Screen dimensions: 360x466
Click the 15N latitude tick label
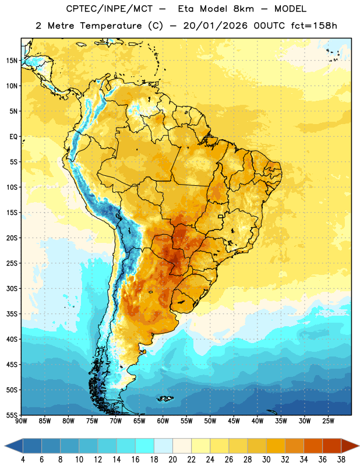pyautogui.click(x=12, y=61)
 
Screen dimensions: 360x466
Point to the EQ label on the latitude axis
pyautogui.click(x=13, y=137)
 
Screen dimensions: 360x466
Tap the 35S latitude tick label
pyautogui.click(x=12, y=314)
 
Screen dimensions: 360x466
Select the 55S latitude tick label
pyautogui.click(x=12, y=415)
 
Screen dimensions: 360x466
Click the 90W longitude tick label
pyautogui.click(x=21, y=421)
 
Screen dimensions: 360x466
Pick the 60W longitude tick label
pyautogui.click(x=163, y=421)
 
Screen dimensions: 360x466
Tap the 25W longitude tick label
pyautogui.click(x=328, y=421)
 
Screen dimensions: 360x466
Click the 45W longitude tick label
pyautogui.click(x=234, y=421)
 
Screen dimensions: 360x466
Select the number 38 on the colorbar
pyautogui.click(x=341, y=460)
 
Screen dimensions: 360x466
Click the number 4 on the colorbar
pyautogui.click(x=23, y=460)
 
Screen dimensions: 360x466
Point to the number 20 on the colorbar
pyautogui.click(x=172, y=460)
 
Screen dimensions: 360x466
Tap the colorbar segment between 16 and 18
pyautogui.click(x=145, y=446)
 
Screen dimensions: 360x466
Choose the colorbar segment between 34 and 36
pyautogui.click(x=313, y=446)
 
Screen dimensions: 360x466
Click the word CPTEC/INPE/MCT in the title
pyautogui.click(x=109, y=9)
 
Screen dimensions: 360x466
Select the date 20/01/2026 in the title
pyautogui.click(x=215, y=26)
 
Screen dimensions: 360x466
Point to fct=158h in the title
pyautogui.click(x=314, y=26)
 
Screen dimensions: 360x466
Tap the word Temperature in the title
pyautogui.click(x=111, y=26)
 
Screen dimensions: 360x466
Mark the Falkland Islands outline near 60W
pyautogui.click(x=165, y=398)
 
